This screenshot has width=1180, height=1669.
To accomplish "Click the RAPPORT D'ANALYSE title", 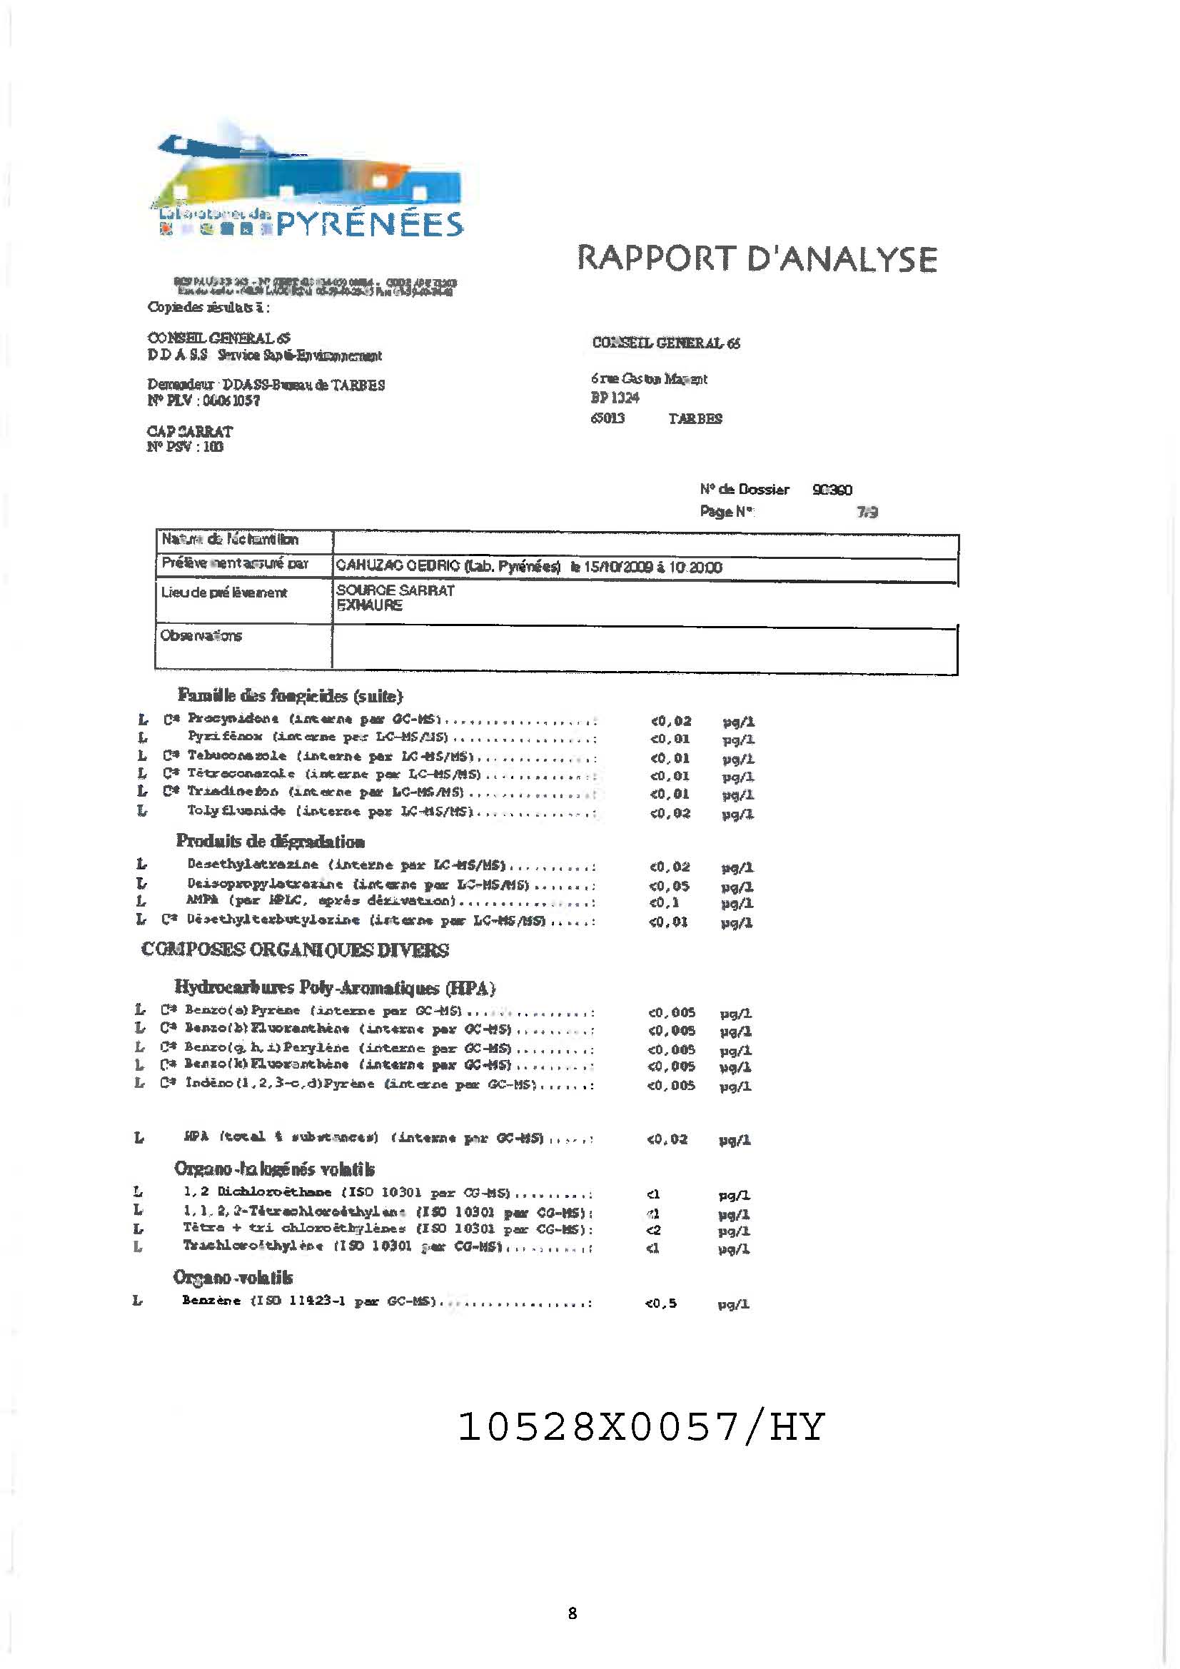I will tap(757, 259).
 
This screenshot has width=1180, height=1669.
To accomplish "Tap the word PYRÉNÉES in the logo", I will tap(369, 224).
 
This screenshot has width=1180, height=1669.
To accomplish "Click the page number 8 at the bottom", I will tap(573, 1613).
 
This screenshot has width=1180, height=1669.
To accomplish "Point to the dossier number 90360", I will tap(832, 490).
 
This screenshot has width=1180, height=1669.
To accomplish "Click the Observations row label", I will tap(201, 636).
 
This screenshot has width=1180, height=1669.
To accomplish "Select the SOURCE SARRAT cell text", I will tap(395, 590).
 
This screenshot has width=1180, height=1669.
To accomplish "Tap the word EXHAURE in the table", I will tap(369, 605).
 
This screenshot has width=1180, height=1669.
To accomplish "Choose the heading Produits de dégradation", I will tap(271, 842).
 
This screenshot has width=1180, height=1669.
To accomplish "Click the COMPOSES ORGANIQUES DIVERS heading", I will tap(296, 950).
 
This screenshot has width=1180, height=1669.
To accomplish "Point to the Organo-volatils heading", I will tap(233, 1277).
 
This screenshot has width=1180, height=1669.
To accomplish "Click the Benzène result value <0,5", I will tap(660, 1304).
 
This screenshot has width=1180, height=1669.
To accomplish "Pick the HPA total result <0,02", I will tap(667, 1139).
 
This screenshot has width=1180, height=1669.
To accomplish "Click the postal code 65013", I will tap(607, 419).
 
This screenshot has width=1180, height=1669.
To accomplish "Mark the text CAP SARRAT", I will tap(190, 431).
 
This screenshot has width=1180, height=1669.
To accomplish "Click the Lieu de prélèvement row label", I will tap(224, 593).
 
